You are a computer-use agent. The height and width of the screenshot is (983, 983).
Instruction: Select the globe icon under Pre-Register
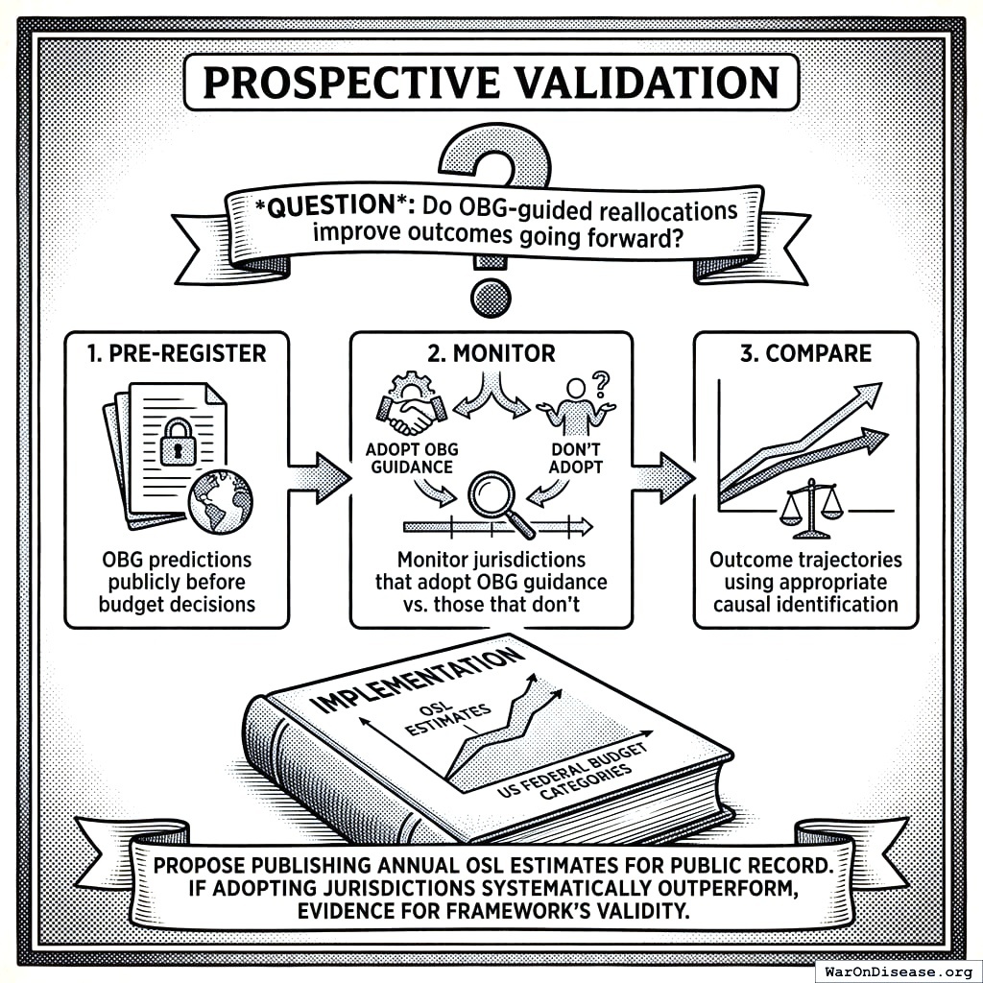(220, 501)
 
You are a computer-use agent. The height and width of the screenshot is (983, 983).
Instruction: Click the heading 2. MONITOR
(491, 353)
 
